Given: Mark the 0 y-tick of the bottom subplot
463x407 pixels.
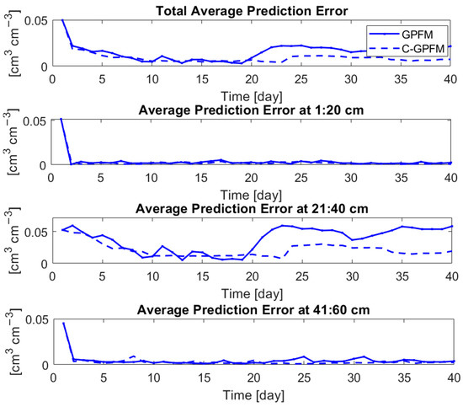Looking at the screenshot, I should pyautogui.click(x=49, y=364).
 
